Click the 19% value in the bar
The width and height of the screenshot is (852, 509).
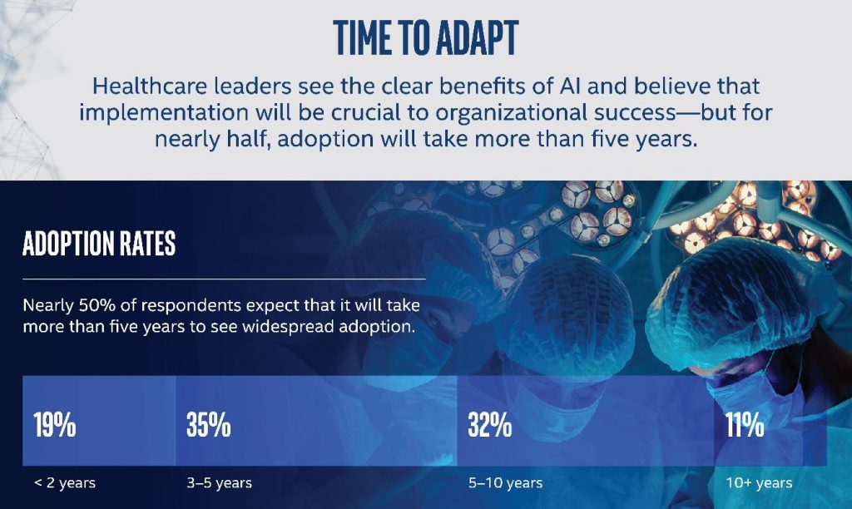point(54,424)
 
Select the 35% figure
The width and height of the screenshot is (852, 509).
point(209,424)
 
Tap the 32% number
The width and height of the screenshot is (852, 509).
point(490,424)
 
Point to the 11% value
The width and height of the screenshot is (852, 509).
point(745,424)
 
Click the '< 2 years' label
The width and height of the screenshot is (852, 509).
point(65,483)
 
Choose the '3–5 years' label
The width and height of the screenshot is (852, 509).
point(220,483)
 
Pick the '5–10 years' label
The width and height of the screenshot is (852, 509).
point(505,483)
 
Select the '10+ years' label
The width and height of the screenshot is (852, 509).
point(759,483)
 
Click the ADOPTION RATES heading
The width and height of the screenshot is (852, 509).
point(100,244)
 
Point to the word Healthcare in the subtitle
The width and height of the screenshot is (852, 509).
point(148,86)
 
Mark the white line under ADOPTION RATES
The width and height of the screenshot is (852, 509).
point(224,279)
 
